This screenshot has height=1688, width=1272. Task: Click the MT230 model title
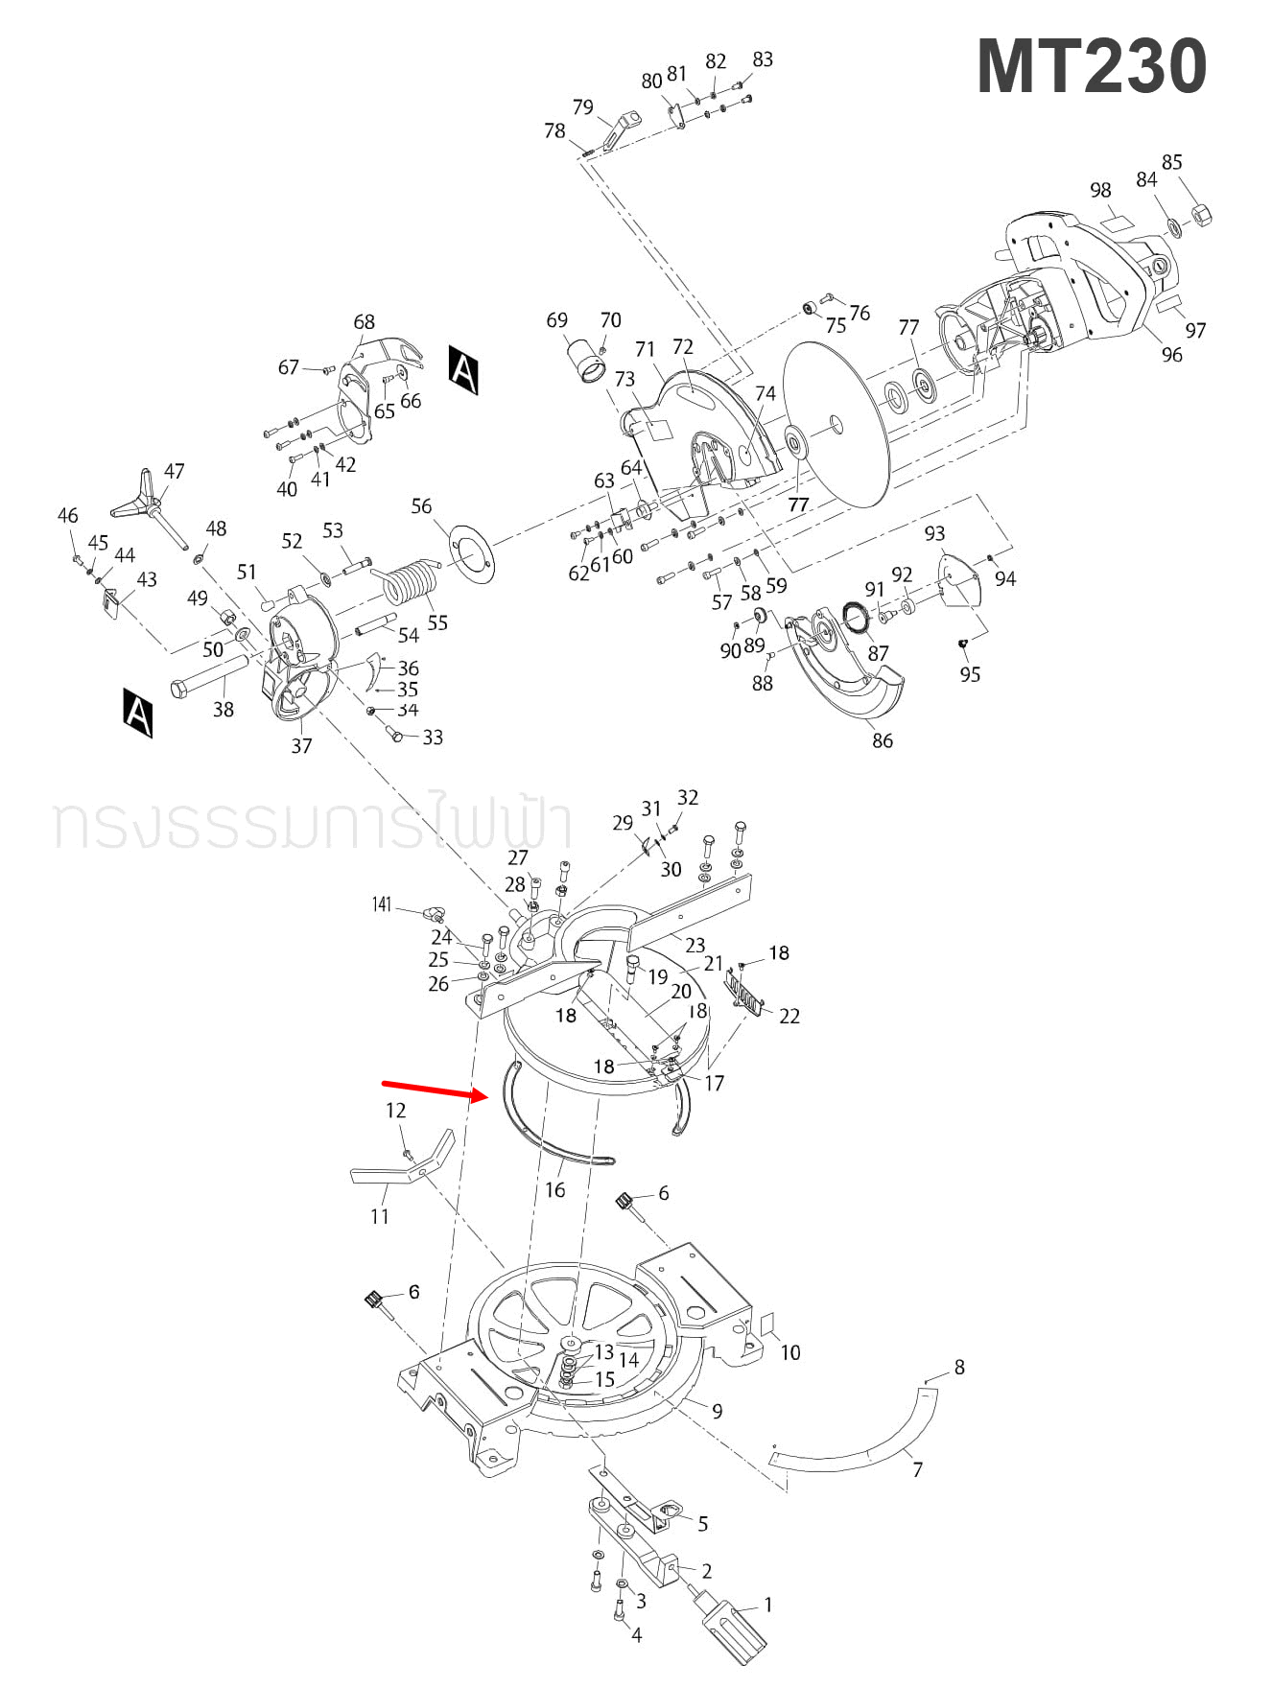pyautogui.click(x=1091, y=67)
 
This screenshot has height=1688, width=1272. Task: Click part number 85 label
pyautogui.click(x=1171, y=162)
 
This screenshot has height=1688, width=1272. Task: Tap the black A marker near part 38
pyautogui.click(x=138, y=712)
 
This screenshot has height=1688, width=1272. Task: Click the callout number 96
pyautogui.click(x=1171, y=355)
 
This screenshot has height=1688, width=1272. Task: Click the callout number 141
pyautogui.click(x=382, y=904)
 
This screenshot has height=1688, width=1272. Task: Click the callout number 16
pyautogui.click(x=554, y=1190)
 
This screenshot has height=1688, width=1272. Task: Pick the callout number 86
pyautogui.click(x=882, y=740)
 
